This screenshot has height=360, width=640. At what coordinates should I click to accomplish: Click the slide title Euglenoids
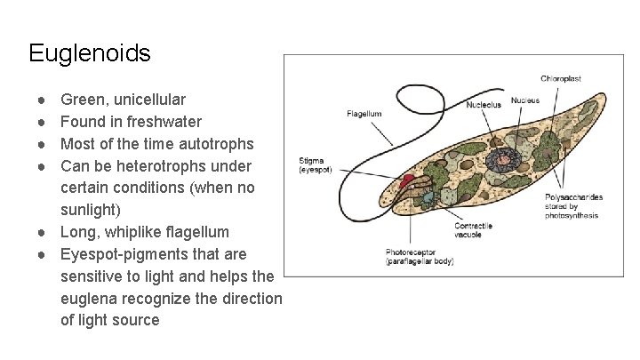[x=89, y=53]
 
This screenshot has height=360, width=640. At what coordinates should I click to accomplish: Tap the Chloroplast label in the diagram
[x=561, y=79]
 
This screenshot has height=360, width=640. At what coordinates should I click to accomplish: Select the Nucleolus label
[x=484, y=105]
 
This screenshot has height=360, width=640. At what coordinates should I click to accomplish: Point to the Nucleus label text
[x=524, y=100]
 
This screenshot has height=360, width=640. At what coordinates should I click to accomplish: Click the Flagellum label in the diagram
[x=364, y=114]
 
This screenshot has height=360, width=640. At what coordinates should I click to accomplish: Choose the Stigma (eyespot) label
[x=316, y=164]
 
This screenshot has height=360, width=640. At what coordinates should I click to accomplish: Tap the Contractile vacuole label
[x=473, y=231]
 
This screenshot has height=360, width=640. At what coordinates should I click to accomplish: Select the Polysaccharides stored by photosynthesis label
[x=572, y=205]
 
